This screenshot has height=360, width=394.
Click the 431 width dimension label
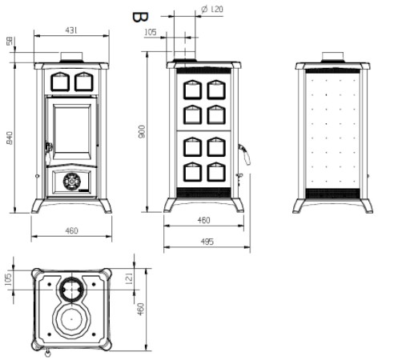(71, 30)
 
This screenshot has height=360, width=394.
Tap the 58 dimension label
(10, 42)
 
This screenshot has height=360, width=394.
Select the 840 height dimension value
(10, 138)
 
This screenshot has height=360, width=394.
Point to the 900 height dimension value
(142, 131)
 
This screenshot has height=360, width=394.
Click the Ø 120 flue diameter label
(212, 10)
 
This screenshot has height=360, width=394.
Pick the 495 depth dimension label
(207, 242)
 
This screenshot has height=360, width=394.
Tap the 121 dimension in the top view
(129, 278)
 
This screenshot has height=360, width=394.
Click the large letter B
(140, 18)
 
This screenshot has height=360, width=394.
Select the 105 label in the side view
(151, 32)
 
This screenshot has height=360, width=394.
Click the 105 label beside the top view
(9, 279)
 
